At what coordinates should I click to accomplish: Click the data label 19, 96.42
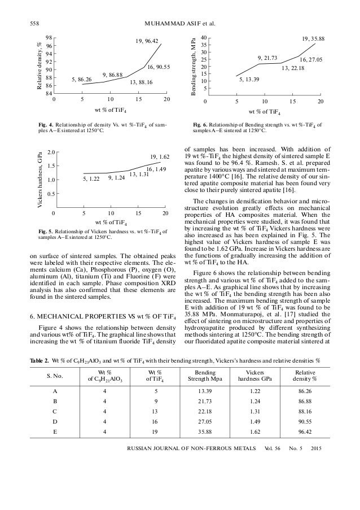(x=147, y=41)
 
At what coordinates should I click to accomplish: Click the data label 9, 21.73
(x=267, y=58)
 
